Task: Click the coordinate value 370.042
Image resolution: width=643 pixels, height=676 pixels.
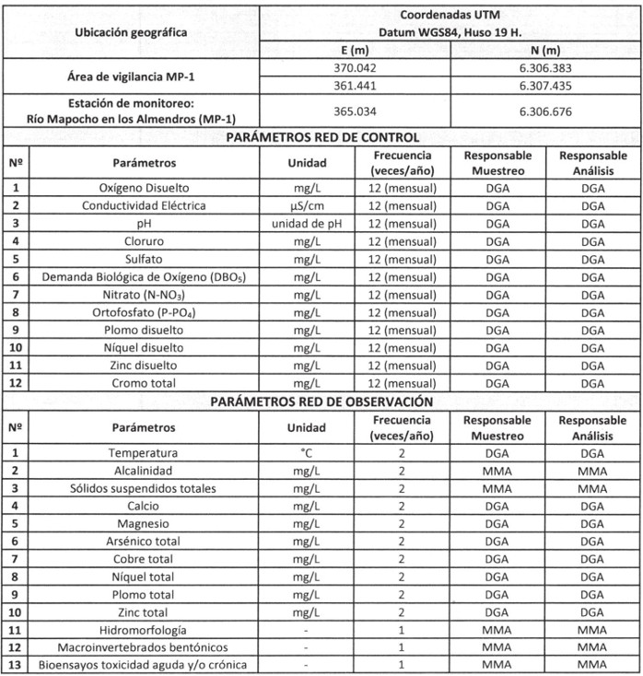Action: click(x=355, y=67)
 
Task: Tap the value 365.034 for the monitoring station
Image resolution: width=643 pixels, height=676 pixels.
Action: click(x=355, y=111)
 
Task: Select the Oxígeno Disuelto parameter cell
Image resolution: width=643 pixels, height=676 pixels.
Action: click(x=144, y=188)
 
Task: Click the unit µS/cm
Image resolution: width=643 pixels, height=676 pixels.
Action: click(x=306, y=205)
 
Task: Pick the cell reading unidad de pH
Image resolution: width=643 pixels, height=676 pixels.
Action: click(x=306, y=223)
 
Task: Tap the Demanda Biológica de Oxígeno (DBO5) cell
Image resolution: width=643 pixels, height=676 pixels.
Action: click(x=144, y=276)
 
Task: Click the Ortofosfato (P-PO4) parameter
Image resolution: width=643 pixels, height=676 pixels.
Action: click(x=144, y=312)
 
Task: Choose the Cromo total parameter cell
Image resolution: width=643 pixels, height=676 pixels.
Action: click(x=144, y=383)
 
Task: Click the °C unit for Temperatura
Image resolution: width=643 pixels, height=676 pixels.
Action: click(x=306, y=453)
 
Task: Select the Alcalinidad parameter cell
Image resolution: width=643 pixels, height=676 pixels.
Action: click(x=144, y=471)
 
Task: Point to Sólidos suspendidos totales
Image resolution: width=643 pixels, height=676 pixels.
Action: click(x=144, y=488)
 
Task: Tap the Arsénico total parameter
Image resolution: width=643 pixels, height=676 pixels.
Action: click(x=144, y=542)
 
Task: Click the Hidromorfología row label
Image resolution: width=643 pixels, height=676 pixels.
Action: click(x=144, y=630)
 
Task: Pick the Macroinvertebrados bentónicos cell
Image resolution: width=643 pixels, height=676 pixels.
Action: click(x=144, y=647)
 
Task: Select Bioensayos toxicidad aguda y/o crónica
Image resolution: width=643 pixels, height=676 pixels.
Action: click(x=144, y=665)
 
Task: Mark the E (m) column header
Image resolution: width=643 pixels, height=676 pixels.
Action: click(x=355, y=50)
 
